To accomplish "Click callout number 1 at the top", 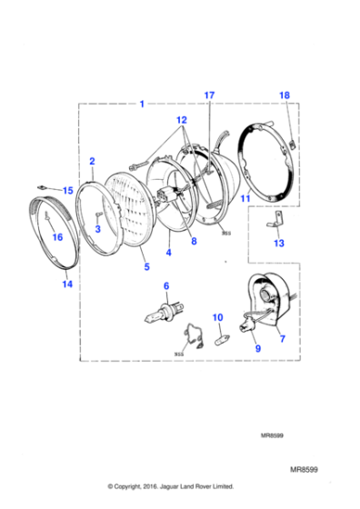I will pos(142,105).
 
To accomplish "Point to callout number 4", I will pos(167,254).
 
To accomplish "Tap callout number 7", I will pos(279,338).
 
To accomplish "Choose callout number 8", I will pos(193,241).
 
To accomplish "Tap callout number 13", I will pos(278,243).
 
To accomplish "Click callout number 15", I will pos(67,191).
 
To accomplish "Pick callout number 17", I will pos(209,95).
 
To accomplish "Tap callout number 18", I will pos(284,95).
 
